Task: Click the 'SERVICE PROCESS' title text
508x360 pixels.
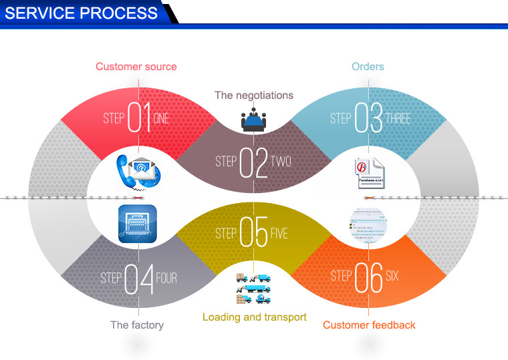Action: pos(82,13)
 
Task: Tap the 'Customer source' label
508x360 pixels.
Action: pos(136,66)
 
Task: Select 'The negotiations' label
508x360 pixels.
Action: pos(254,96)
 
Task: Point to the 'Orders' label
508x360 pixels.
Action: pos(368,66)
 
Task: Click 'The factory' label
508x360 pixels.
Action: pos(137,325)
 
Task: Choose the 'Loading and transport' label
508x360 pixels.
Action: pos(255,317)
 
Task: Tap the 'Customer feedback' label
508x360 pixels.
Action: pos(369,325)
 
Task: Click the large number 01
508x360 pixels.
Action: pos(139,118)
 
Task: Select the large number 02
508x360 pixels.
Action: pos(254,161)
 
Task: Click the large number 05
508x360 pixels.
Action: pos(254,234)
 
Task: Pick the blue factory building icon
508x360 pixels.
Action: pos(137,222)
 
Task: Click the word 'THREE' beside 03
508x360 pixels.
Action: pos(398,119)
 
